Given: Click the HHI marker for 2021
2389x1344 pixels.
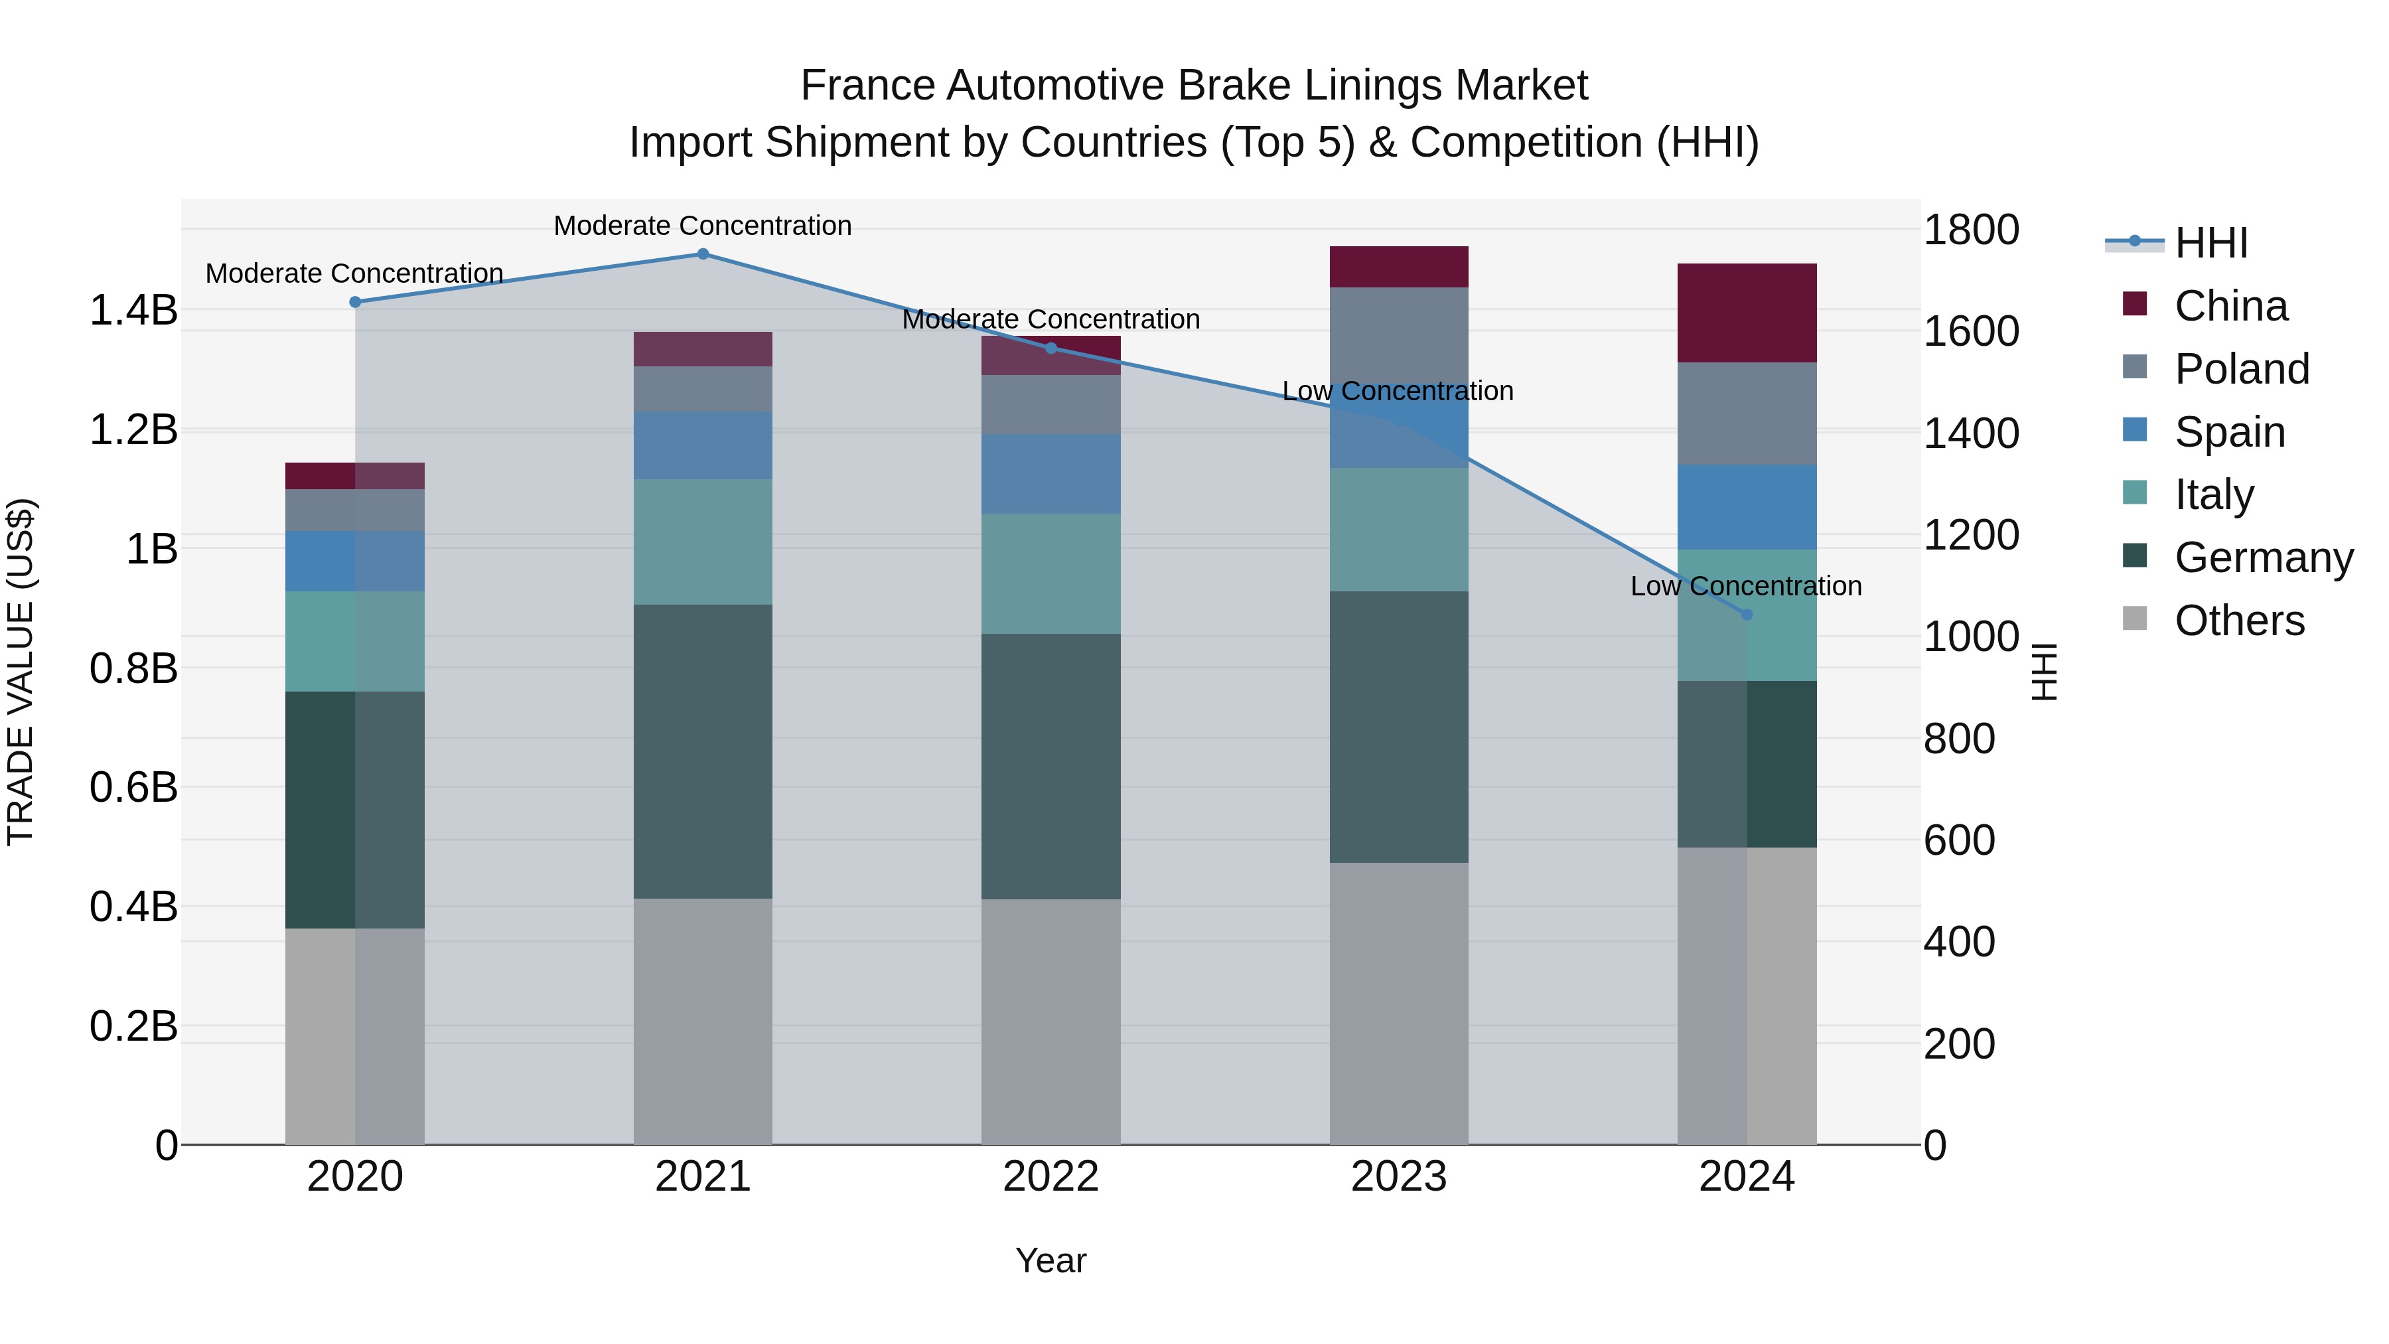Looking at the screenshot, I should tap(703, 254).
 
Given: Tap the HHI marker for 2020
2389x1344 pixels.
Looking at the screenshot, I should tap(355, 303).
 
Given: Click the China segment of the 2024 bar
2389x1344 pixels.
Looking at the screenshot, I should tap(1747, 313).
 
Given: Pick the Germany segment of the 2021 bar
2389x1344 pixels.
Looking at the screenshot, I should tap(703, 751).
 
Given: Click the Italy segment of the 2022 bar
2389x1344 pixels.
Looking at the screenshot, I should tap(1050, 574).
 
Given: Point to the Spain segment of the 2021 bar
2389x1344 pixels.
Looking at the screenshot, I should tap(703, 446).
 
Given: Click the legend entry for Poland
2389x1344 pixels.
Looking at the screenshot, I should tap(2242, 369).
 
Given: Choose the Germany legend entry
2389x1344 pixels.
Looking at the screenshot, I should tap(2263, 558).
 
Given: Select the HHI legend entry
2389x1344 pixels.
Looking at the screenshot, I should tap(2211, 243).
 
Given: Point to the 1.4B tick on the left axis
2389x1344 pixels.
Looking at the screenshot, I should tap(133, 311).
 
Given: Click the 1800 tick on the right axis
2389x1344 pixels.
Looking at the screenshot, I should tap(1971, 230).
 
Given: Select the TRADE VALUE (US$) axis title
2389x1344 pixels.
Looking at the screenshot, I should tap(21, 672).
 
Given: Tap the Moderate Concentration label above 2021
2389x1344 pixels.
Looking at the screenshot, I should tap(703, 226).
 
